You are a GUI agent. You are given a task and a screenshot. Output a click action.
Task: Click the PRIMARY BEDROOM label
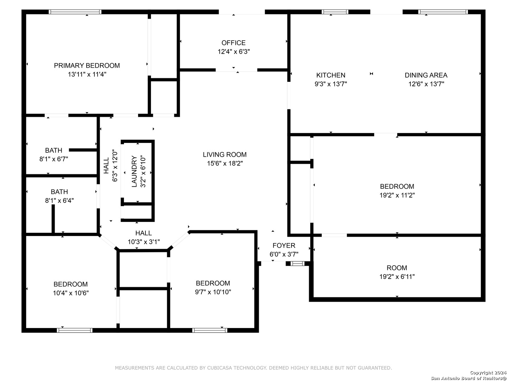[x=87, y=66]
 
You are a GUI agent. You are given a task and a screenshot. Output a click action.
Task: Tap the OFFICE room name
[x=233, y=43]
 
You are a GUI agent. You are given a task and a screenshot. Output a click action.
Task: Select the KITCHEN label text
[x=331, y=75]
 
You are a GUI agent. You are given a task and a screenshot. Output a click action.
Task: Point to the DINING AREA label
[x=426, y=75]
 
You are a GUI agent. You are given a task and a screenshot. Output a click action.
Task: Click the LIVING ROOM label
[x=225, y=155]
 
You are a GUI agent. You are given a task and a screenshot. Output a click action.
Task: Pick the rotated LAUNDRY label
[x=134, y=171]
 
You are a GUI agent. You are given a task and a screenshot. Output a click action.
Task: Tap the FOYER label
[x=284, y=246]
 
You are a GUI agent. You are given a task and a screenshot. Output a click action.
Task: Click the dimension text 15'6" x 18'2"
[x=225, y=164]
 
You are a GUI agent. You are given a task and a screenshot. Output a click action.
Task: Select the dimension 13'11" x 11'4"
[x=87, y=74]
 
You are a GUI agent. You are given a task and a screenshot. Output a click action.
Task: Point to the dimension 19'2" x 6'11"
[x=397, y=277]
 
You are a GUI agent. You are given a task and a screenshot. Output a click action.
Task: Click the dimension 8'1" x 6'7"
[x=54, y=159]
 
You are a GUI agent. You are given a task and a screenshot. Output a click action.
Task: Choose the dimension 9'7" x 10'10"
[x=213, y=292]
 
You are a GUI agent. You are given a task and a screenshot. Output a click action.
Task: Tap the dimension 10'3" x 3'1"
[x=144, y=242]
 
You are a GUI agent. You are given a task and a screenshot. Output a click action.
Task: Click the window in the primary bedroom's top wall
[x=75, y=12]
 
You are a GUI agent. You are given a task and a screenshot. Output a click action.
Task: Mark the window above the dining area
[x=443, y=12]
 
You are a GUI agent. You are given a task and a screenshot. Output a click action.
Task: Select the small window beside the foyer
[x=297, y=264]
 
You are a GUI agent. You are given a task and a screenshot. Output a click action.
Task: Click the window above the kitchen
[x=335, y=12]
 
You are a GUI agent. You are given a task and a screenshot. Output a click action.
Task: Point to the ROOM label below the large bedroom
[x=397, y=268]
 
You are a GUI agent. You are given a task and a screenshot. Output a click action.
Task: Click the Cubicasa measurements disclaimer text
[x=254, y=368]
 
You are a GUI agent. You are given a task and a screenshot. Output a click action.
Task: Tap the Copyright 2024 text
[x=488, y=373]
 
